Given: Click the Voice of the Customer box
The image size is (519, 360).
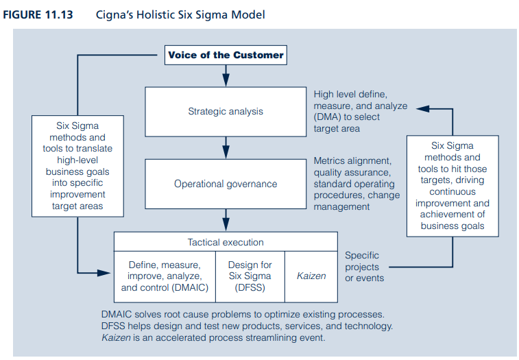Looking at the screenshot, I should tap(226, 55).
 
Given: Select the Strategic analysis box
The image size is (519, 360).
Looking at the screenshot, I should tap(226, 111).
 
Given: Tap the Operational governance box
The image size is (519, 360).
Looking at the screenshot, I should tap(226, 184).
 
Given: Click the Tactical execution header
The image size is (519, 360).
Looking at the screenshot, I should tap(226, 242).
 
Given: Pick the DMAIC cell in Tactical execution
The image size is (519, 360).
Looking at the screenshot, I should tap(165, 276).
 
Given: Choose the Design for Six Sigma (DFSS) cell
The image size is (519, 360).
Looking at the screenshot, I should tap(250, 276).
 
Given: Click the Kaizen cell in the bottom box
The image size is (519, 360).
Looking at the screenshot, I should tap(311, 276).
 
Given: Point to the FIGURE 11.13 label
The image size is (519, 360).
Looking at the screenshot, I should tap(43, 14).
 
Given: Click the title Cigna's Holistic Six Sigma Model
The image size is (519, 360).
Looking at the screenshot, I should tap(180, 14).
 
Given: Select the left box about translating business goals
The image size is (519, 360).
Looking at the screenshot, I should tap(77, 166).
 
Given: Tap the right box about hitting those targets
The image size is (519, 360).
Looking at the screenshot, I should tap(452, 186).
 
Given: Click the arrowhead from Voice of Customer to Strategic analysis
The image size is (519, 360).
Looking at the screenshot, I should tap(226, 82).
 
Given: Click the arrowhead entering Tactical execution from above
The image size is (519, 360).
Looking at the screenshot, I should tap(226, 226).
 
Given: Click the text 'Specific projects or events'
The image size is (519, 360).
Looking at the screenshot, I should tap(364, 267).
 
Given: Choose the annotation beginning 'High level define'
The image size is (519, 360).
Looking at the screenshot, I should tap(360, 111).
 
